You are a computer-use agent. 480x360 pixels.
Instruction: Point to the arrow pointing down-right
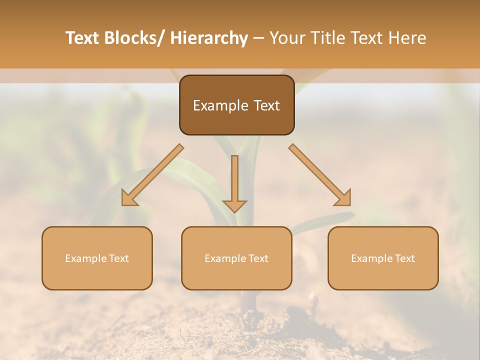320,175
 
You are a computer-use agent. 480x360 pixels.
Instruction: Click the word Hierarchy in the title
209,38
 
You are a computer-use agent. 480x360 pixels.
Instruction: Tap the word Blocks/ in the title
136,38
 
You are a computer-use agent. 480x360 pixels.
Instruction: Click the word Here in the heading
407,38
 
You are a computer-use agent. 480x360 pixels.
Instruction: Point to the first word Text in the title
84,38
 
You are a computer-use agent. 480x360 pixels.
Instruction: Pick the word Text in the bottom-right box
404,258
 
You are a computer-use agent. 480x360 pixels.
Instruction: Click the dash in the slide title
258,38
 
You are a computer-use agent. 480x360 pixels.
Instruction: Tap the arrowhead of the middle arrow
234,205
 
